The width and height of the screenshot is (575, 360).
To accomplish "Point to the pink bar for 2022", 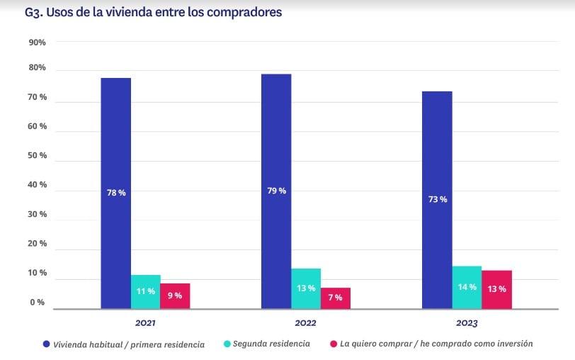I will pos(336,298).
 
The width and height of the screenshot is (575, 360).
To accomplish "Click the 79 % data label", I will pos(277,190).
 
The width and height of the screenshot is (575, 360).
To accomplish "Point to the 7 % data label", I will pos(336,298).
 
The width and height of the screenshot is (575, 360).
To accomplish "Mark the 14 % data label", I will pos(467,288).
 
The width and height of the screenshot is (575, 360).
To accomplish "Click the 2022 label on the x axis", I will pos(305,324).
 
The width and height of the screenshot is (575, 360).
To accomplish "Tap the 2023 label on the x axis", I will pos(466,324).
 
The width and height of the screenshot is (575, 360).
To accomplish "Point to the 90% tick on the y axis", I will pos(37,43).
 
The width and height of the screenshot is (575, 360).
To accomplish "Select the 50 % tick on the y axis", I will pos(36,155).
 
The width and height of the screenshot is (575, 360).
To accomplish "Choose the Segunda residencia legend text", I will pos(272,344).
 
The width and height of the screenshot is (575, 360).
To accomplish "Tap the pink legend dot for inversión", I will pos(334,344).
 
